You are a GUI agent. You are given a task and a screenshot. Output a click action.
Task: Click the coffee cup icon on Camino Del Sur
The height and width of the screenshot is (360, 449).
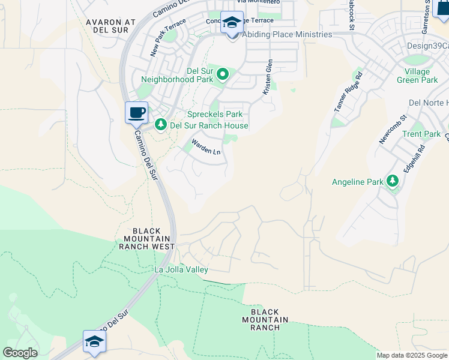click(x=137, y=112)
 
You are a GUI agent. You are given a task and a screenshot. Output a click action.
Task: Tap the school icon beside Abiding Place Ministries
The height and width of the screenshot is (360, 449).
click(x=232, y=23)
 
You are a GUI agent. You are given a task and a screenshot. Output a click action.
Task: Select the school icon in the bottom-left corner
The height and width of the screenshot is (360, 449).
click(x=95, y=341)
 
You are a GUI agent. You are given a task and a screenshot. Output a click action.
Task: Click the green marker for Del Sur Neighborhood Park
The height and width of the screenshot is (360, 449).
click(x=223, y=74)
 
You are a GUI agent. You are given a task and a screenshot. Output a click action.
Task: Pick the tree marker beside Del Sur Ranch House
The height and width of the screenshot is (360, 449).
click(x=160, y=125)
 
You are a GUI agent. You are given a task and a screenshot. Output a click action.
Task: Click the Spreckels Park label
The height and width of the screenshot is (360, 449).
click(x=214, y=114)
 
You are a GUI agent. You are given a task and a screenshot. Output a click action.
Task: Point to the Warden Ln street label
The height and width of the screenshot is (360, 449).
click(x=206, y=147)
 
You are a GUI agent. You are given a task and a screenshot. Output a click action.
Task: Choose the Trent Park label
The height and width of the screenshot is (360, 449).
click(x=421, y=134)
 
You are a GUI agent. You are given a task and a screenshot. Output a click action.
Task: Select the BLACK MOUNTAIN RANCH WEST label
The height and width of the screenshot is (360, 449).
click(x=146, y=239)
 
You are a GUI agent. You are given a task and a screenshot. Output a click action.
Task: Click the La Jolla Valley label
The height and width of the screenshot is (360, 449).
click(x=181, y=270)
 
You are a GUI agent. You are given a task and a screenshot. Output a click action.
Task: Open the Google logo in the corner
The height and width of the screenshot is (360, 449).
click(x=19, y=353)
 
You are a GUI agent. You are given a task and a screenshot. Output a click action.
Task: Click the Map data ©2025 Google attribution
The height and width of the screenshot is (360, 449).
click(x=412, y=355)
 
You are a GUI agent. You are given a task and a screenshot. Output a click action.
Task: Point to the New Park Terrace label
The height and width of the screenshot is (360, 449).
click(x=168, y=38)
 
